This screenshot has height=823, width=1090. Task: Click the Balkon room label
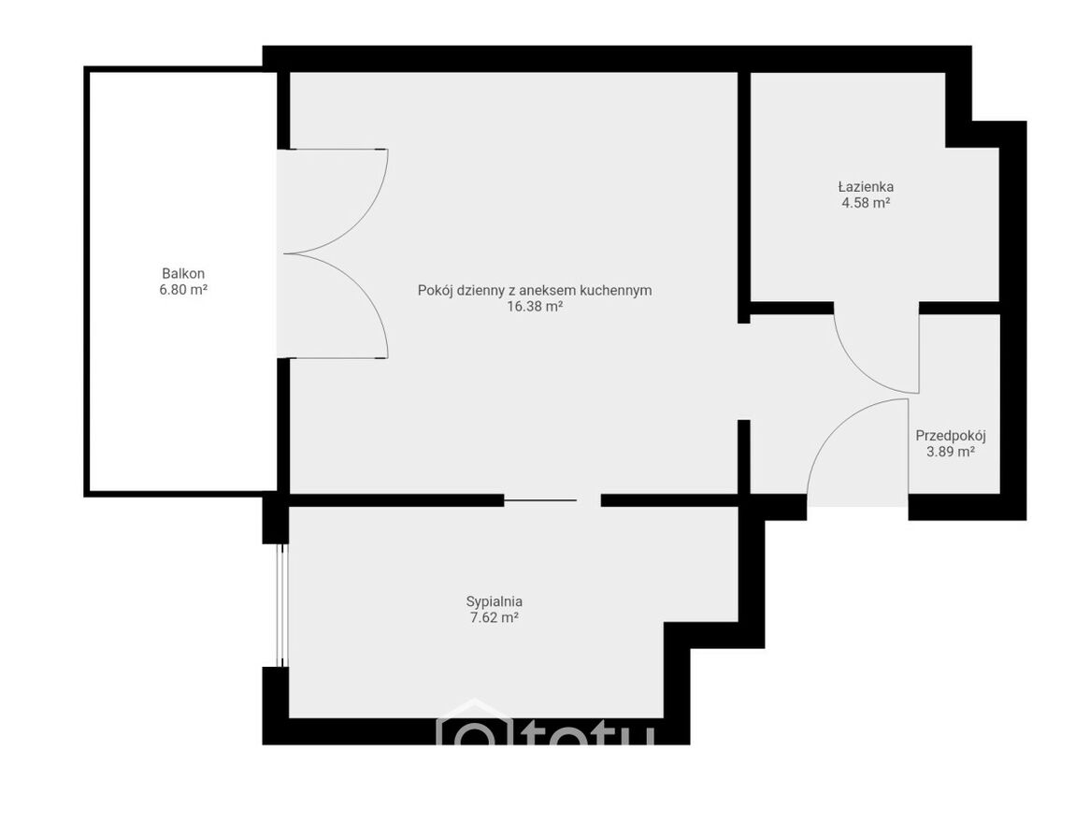click(183, 273)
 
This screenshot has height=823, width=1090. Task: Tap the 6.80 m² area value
click(183, 290)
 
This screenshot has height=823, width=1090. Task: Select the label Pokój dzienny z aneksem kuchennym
click(535, 290)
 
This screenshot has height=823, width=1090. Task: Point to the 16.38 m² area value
click(535, 307)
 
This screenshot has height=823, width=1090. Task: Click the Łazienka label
click(866, 186)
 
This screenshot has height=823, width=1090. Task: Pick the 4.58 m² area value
click(866, 203)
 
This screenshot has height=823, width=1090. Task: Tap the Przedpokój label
click(951, 436)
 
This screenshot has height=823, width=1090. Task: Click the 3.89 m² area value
click(951, 453)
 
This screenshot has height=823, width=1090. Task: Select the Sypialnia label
click(495, 601)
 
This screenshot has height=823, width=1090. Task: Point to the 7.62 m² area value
click(495, 618)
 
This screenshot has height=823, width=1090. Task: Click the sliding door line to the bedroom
click(540, 500)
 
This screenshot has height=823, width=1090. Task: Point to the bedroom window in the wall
click(281, 605)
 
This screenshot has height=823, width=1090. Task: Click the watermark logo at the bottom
click(546, 727)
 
